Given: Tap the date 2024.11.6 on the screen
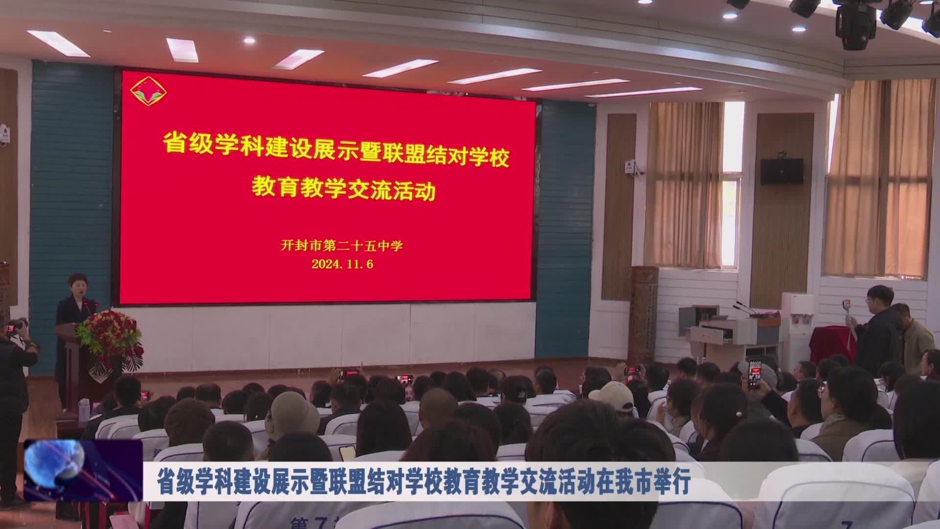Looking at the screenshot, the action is click(x=343, y=264).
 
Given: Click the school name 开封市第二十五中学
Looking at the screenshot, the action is click(x=342, y=245).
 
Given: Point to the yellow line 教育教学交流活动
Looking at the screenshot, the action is click(x=343, y=190).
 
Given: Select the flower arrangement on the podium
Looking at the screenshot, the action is click(x=110, y=333).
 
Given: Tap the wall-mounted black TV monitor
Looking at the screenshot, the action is click(x=781, y=171).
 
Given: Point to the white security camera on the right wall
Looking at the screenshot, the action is click(x=634, y=167).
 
